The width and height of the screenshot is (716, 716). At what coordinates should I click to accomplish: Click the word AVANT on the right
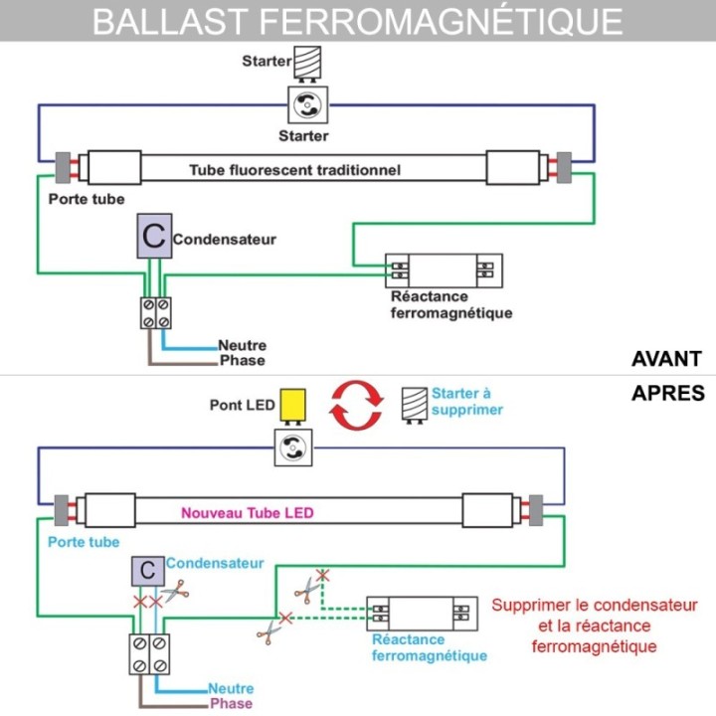pyautogui.click(x=666, y=359)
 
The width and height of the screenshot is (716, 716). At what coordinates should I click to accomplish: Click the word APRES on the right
pyautogui.click(x=667, y=393)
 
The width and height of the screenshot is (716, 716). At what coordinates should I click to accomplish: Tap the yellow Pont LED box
pyautogui.click(x=293, y=405)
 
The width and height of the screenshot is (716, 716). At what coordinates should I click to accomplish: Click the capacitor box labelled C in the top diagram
pyautogui.click(x=153, y=239)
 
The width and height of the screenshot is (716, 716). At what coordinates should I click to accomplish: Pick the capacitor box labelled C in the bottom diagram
pyautogui.click(x=148, y=571)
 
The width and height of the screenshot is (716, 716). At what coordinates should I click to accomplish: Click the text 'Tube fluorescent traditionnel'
pyautogui.click(x=295, y=170)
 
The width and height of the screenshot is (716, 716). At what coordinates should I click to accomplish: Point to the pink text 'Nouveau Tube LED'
pyautogui.click(x=248, y=513)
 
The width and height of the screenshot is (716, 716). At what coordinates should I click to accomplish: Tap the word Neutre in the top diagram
pyautogui.click(x=243, y=346)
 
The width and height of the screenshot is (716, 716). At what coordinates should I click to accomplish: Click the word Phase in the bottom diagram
pyautogui.click(x=231, y=704)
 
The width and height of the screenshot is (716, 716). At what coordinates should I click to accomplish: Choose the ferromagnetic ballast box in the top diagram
pyautogui.click(x=445, y=268)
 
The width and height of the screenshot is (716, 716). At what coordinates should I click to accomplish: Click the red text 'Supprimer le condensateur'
pyautogui.click(x=595, y=605)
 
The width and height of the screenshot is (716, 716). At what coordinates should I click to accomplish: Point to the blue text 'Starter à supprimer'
pyautogui.click(x=466, y=401)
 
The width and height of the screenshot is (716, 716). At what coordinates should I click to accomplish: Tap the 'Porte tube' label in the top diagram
pyautogui.click(x=87, y=199)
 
